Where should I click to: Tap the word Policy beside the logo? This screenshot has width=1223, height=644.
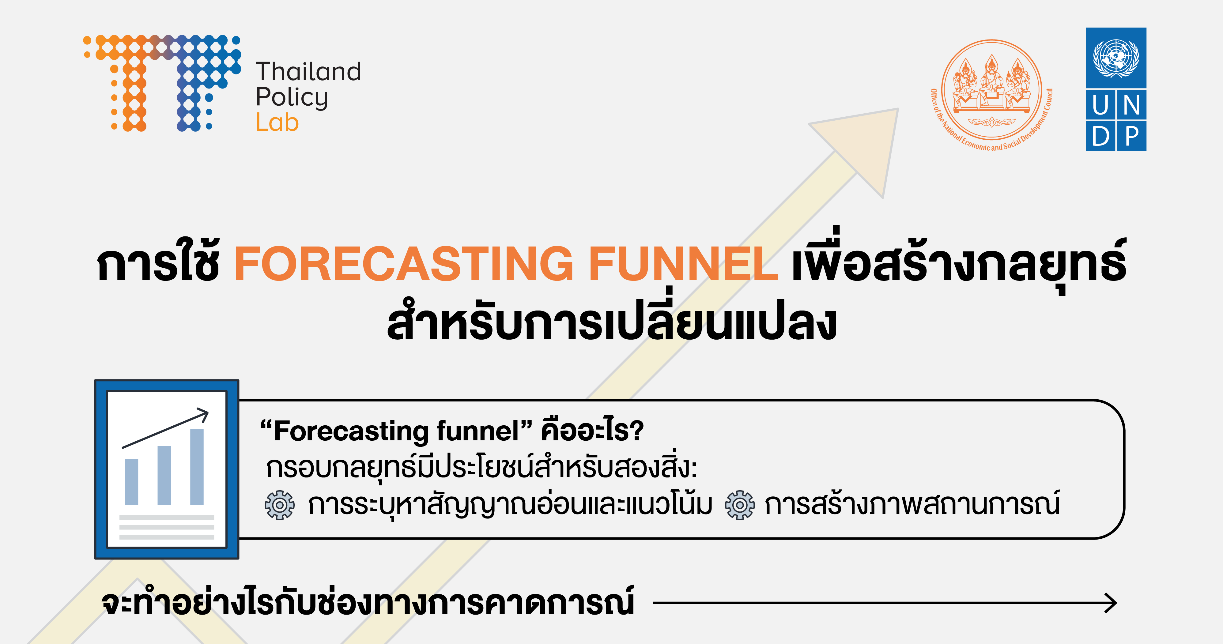pos(292,98)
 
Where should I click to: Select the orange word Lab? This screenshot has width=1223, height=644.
pos(277,122)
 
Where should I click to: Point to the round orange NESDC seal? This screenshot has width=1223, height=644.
pos(991,90)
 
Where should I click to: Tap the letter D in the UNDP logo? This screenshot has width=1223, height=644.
pos(1100,136)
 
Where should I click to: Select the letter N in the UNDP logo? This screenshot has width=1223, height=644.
pos(1132,105)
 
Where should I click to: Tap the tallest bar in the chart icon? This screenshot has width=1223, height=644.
pos(197,467)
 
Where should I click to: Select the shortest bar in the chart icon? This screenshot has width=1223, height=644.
pos(131,482)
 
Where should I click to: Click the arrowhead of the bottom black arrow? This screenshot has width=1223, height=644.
pos(1111,603)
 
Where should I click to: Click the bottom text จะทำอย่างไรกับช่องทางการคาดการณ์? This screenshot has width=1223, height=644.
pos(368,603)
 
